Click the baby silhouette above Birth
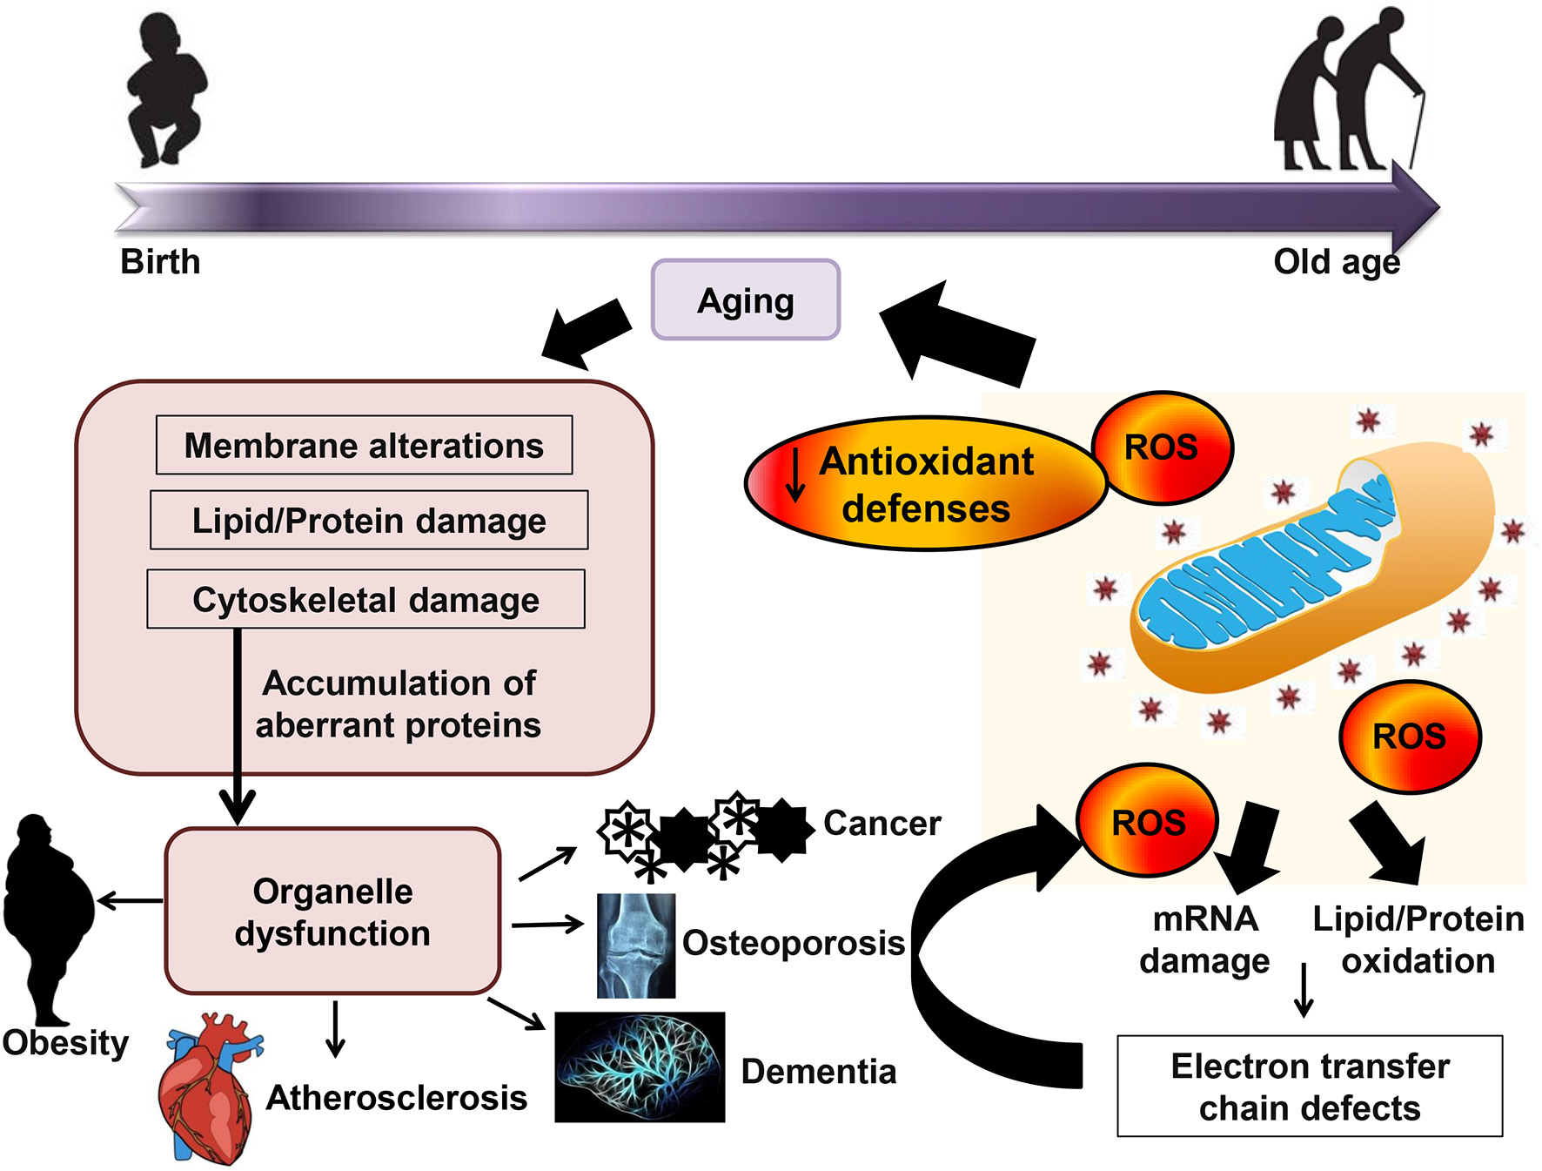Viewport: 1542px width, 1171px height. click(166, 90)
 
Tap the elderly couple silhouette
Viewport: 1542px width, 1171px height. click(1350, 88)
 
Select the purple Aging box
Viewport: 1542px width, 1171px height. click(746, 299)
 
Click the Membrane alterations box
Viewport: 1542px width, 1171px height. click(364, 445)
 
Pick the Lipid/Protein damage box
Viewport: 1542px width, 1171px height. click(369, 520)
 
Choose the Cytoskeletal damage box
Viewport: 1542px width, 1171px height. click(365, 599)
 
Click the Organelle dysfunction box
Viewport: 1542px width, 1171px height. click(332, 911)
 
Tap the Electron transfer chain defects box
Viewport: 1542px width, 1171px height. click(1310, 1086)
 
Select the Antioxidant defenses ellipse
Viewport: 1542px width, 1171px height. click(926, 483)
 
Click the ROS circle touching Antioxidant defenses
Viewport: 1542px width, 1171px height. click(1162, 448)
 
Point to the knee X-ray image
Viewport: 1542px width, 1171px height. click(636, 946)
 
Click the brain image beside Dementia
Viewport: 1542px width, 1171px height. click(640, 1067)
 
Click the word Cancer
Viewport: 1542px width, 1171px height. click(882, 823)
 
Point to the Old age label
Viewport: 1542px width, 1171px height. click(1337, 262)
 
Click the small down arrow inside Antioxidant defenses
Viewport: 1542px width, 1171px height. click(794, 474)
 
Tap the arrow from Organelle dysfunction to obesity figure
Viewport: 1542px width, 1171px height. click(131, 900)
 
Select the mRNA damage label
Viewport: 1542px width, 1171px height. click(1204, 940)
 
